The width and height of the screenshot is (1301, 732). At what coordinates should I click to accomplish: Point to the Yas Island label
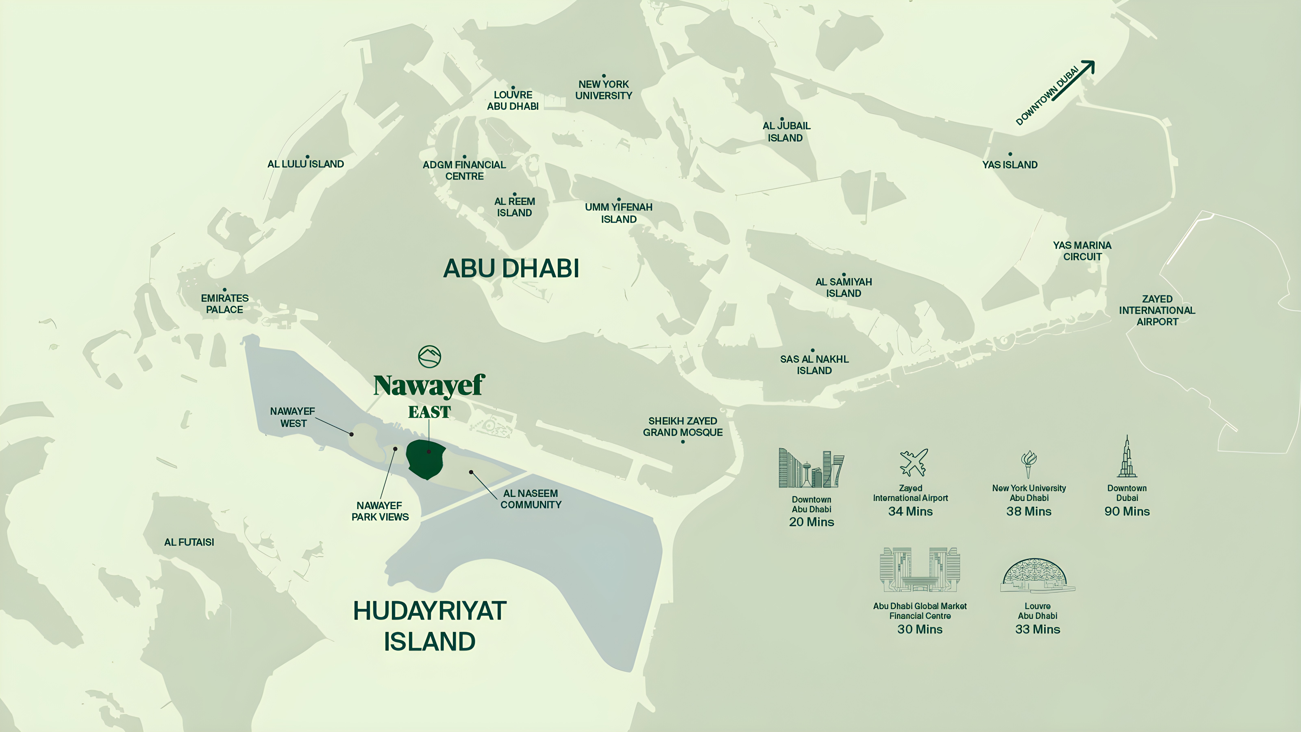click(1009, 165)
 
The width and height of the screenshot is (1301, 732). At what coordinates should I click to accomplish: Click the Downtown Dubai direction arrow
click(1073, 81)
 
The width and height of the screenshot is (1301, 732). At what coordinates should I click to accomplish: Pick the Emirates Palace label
click(225, 304)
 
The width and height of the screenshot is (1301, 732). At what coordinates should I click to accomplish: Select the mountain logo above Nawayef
click(429, 357)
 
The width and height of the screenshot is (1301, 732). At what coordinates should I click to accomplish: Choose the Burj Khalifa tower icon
click(1127, 457)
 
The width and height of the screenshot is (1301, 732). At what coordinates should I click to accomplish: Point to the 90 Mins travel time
click(1127, 511)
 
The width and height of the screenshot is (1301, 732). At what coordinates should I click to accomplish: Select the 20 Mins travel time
click(811, 522)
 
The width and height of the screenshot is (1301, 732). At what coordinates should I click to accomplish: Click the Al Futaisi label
click(189, 542)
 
